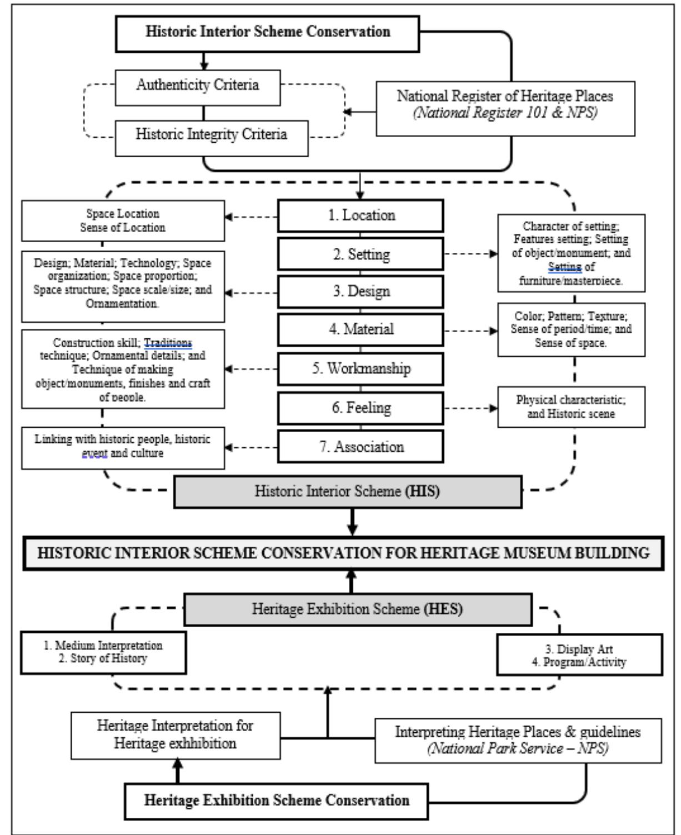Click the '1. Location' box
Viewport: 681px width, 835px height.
pyautogui.click(x=360, y=216)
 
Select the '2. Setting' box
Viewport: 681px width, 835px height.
pyautogui.click(x=360, y=254)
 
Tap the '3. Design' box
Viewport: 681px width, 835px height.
pyautogui.click(x=360, y=292)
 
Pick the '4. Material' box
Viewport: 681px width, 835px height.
pyautogui.click(x=360, y=329)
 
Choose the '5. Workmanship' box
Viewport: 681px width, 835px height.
pyautogui.click(x=360, y=368)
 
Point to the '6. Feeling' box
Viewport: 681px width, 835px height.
pyautogui.click(x=360, y=408)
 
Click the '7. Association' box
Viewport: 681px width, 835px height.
pyautogui.click(x=360, y=447)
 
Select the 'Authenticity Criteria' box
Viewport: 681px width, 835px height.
pyautogui.click(x=197, y=86)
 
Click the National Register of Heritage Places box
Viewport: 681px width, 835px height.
pyautogui.click(x=505, y=108)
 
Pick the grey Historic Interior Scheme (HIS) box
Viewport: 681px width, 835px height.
pyautogui.click(x=347, y=492)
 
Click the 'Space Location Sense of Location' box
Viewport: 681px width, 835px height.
pyautogui.click(x=123, y=221)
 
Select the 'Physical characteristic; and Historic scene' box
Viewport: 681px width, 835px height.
pyautogui.click(x=571, y=407)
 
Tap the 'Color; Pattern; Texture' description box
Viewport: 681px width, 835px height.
pyautogui.click(x=571, y=329)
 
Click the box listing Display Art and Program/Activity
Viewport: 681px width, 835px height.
pyautogui.click(x=579, y=656)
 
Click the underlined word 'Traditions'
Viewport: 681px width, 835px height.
pyautogui.click(x=168, y=343)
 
